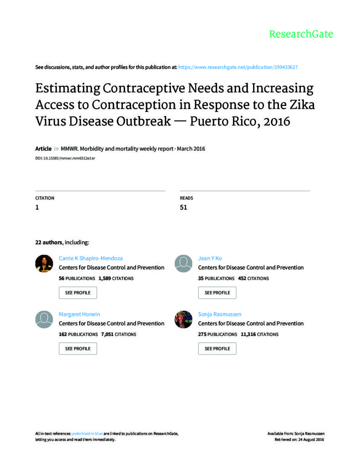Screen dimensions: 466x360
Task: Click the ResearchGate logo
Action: (x=301, y=34)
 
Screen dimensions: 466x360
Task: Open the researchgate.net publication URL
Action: (x=238, y=67)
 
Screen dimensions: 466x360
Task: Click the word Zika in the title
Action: (x=302, y=104)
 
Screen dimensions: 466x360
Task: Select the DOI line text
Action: (x=65, y=157)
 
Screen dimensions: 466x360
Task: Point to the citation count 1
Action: (x=37, y=208)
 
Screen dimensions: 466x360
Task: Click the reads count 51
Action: (x=183, y=208)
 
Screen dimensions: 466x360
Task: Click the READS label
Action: (x=186, y=198)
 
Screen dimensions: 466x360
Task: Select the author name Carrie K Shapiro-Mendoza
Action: (x=91, y=258)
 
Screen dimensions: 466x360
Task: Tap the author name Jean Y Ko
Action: (x=210, y=258)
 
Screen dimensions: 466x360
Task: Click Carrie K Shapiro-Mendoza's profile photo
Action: (x=44, y=263)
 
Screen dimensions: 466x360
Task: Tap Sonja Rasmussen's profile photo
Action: (x=183, y=319)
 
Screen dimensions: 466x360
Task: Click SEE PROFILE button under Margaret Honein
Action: (x=78, y=349)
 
